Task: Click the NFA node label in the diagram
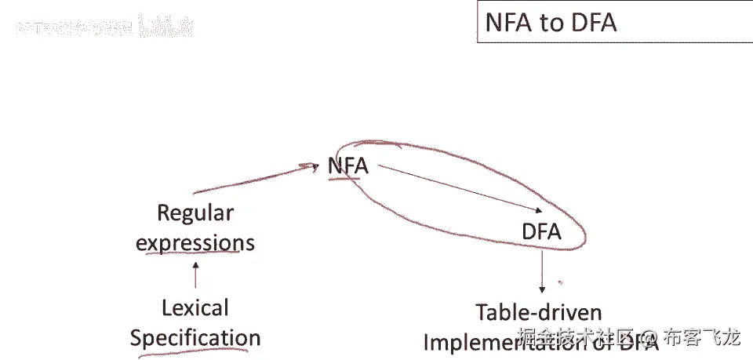[347, 166]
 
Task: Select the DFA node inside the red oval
[541, 232]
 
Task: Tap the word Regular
[195, 213]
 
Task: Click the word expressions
[195, 242]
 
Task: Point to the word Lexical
[195, 307]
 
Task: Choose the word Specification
[195, 338]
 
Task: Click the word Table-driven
[539, 312]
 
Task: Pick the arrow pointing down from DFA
[542, 271]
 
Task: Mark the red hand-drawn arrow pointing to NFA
[251, 178]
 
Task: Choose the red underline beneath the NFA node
[345, 178]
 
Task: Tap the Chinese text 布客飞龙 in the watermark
[702, 338]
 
